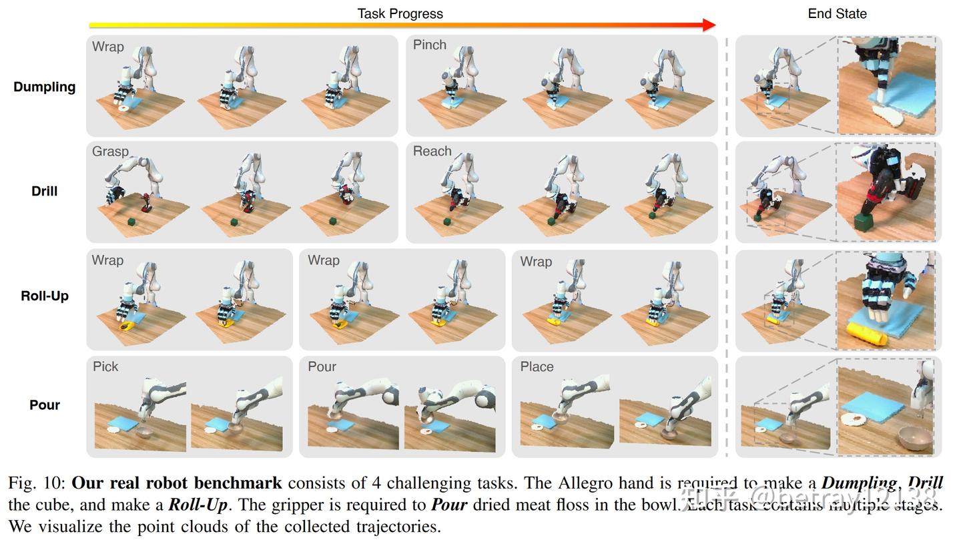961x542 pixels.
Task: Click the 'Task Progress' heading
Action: point(400,13)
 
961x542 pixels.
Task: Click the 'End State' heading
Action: point(837,13)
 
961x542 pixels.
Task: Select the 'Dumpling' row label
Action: point(44,87)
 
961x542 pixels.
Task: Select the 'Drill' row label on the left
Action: point(44,191)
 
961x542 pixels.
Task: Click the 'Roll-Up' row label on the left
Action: point(44,296)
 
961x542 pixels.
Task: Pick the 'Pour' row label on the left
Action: point(44,404)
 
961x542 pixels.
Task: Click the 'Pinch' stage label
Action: point(429,45)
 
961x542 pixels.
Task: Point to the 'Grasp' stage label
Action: point(110,152)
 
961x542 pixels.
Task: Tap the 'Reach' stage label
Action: point(432,152)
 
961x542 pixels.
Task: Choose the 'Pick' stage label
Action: point(105,366)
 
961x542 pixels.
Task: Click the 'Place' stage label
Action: point(537,366)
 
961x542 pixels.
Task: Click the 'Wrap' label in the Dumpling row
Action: point(107,47)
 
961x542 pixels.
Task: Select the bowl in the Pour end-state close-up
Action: point(915,437)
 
